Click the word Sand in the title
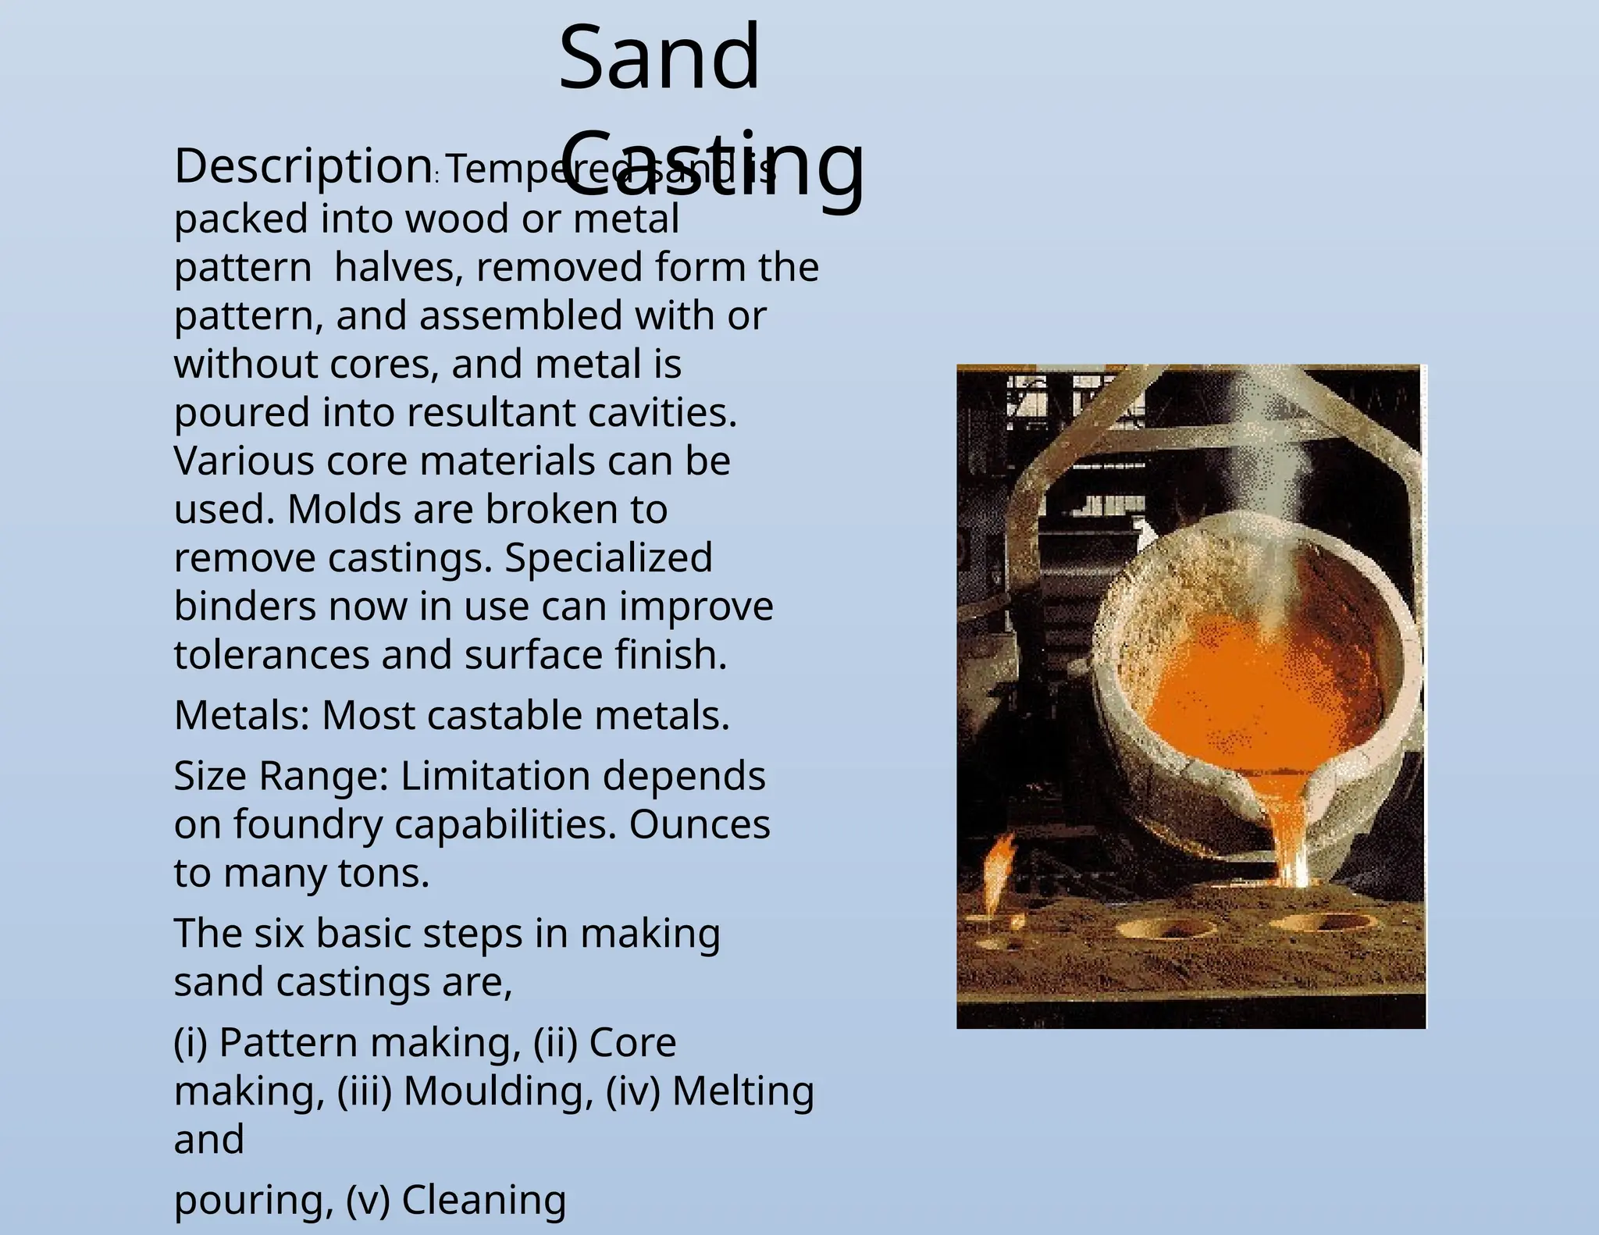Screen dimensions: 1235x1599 (x=659, y=57)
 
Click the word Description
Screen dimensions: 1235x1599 (x=303, y=166)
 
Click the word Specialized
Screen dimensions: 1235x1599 (x=608, y=557)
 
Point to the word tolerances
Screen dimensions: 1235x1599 (x=271, y=654)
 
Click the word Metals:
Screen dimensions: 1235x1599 (x=241, y=715)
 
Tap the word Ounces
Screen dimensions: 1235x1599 (x=699, y=824)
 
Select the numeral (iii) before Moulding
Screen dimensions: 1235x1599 (x=364, y=1091)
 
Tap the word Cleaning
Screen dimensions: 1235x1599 (x=483, y=1200)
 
